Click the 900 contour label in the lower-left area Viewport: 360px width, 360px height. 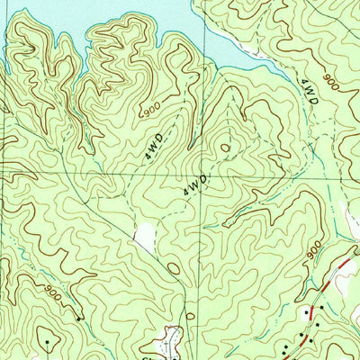pos(51,292)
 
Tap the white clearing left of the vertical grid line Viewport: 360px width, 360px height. pos(145,237)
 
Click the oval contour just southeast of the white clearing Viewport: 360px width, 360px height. pos(173,268)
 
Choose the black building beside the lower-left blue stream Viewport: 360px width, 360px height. pos(80,318)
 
